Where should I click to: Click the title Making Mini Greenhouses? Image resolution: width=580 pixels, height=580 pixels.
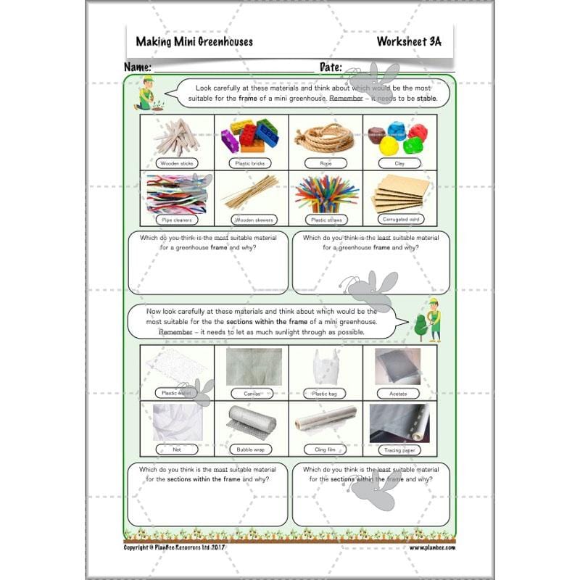[194, 41]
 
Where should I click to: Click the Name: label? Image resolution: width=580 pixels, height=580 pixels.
[138, 67]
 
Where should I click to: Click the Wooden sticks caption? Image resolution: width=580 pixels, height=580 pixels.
[177, 163]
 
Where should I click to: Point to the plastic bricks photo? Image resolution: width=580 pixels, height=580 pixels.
[251, 134]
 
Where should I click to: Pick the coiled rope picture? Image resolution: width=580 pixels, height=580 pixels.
[326, 134]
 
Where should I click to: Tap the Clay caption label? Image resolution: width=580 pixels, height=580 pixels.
[399, 163]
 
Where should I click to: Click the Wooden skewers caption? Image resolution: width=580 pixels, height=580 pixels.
[251, 219]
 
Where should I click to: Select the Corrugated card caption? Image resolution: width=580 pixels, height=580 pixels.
[399, 218]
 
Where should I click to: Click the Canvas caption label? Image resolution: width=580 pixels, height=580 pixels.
[251, 394]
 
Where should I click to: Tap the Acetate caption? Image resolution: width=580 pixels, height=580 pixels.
[399, 394]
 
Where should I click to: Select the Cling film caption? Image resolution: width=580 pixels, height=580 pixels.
[326, 449]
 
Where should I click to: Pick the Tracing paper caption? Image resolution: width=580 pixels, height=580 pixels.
[399, 449]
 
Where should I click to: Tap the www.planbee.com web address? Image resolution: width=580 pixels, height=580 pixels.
[432, 548]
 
